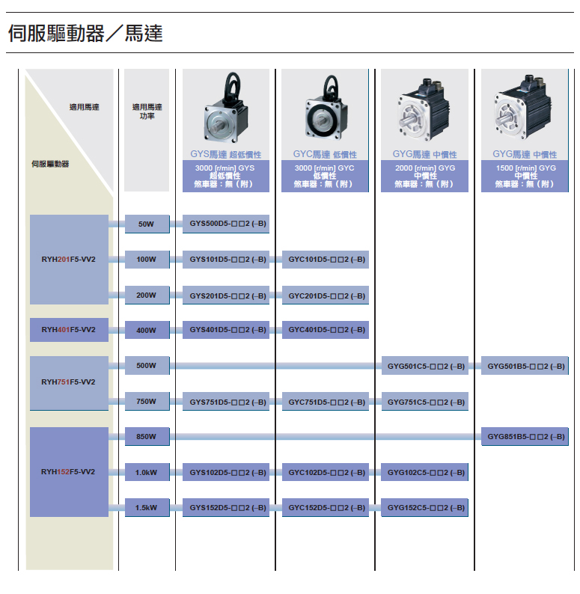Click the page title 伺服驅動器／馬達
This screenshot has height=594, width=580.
point(85,34)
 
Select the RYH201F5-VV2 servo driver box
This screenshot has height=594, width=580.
point(69,260)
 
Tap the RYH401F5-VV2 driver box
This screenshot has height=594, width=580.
point(69,329)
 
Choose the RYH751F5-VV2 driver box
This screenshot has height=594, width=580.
point(69,382)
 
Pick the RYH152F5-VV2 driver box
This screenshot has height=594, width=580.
point(69,471)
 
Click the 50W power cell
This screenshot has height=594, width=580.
point(147,224)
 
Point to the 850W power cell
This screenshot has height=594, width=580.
point(147,436)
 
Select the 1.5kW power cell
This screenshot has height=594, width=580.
point(147,508)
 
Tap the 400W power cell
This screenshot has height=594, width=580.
point(147,330)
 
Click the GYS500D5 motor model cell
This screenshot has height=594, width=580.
point(226,224)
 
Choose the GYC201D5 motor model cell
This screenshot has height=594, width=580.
point(326,296)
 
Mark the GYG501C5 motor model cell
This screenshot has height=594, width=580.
point(424,366)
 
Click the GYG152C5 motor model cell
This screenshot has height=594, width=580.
point(424,508)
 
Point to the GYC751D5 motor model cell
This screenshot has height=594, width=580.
point(326,402)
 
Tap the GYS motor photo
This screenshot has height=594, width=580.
point(225,110)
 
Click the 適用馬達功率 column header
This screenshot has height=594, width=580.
point(147,111)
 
